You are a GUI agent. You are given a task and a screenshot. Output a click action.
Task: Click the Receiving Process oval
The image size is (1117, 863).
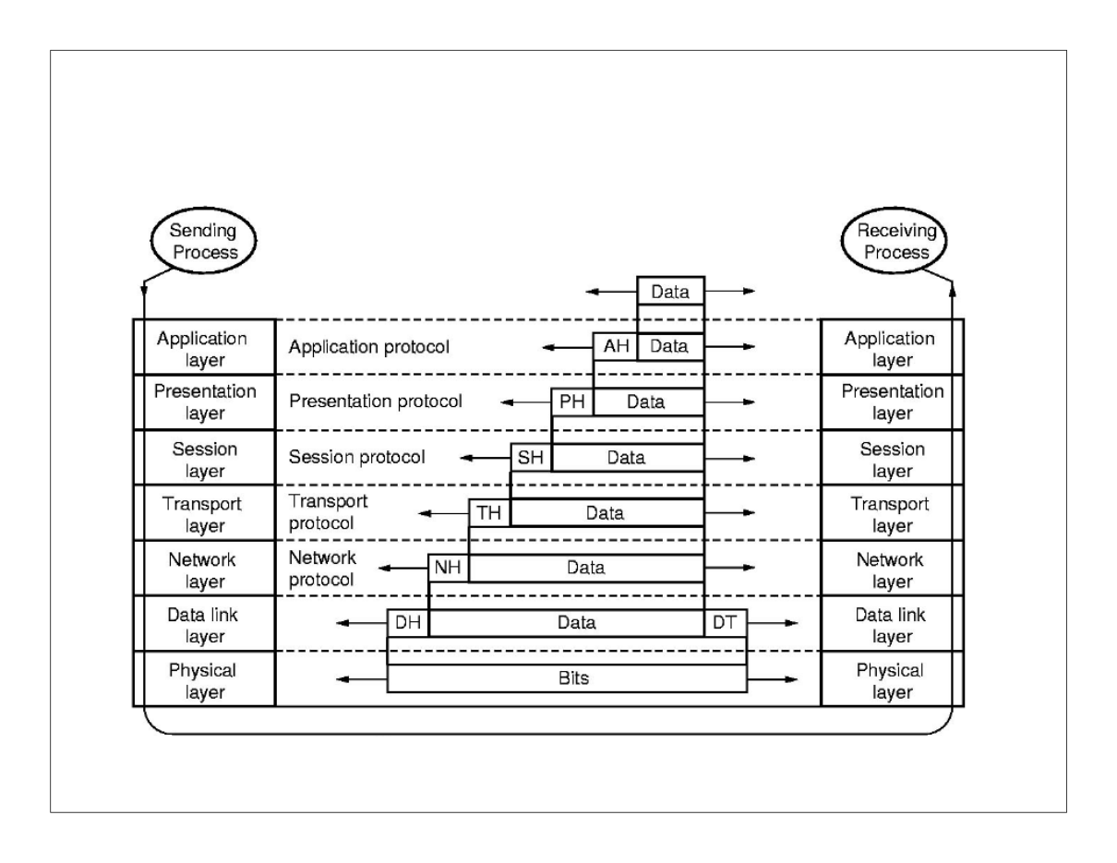click(893, 241)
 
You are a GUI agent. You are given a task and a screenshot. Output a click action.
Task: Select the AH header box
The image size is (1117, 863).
click(615, 347)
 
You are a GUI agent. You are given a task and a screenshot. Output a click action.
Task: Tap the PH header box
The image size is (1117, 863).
click(572, 402)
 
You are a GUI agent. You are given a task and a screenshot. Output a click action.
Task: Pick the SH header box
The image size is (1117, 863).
click(531, 457)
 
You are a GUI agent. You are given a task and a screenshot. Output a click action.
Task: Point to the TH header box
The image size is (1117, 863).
click(489, 513)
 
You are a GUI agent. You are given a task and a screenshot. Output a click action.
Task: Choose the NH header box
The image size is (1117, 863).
click(448, 568)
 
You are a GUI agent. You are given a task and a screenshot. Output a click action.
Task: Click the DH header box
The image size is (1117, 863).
click(408, 623)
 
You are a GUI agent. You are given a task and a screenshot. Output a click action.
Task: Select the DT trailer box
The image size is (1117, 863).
click(725, 623)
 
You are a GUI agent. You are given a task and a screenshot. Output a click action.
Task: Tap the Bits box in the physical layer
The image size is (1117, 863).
click(566, 678)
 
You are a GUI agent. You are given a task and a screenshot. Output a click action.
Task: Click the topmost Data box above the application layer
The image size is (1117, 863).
click(670, 292)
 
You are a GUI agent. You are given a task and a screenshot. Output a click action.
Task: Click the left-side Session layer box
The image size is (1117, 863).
click(205, 460)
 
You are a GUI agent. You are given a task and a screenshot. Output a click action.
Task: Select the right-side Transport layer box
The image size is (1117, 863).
click(891, 515)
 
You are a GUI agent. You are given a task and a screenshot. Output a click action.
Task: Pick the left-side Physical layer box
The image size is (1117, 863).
click(205, 680)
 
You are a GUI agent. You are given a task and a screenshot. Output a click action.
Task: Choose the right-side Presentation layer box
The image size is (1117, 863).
click(891, 402)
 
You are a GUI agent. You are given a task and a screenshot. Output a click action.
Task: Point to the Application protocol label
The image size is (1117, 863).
click(369, 348)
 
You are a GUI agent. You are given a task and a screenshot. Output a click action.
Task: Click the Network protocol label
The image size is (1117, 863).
click(323, 569)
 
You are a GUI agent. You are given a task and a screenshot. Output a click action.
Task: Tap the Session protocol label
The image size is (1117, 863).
click(357, 457)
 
